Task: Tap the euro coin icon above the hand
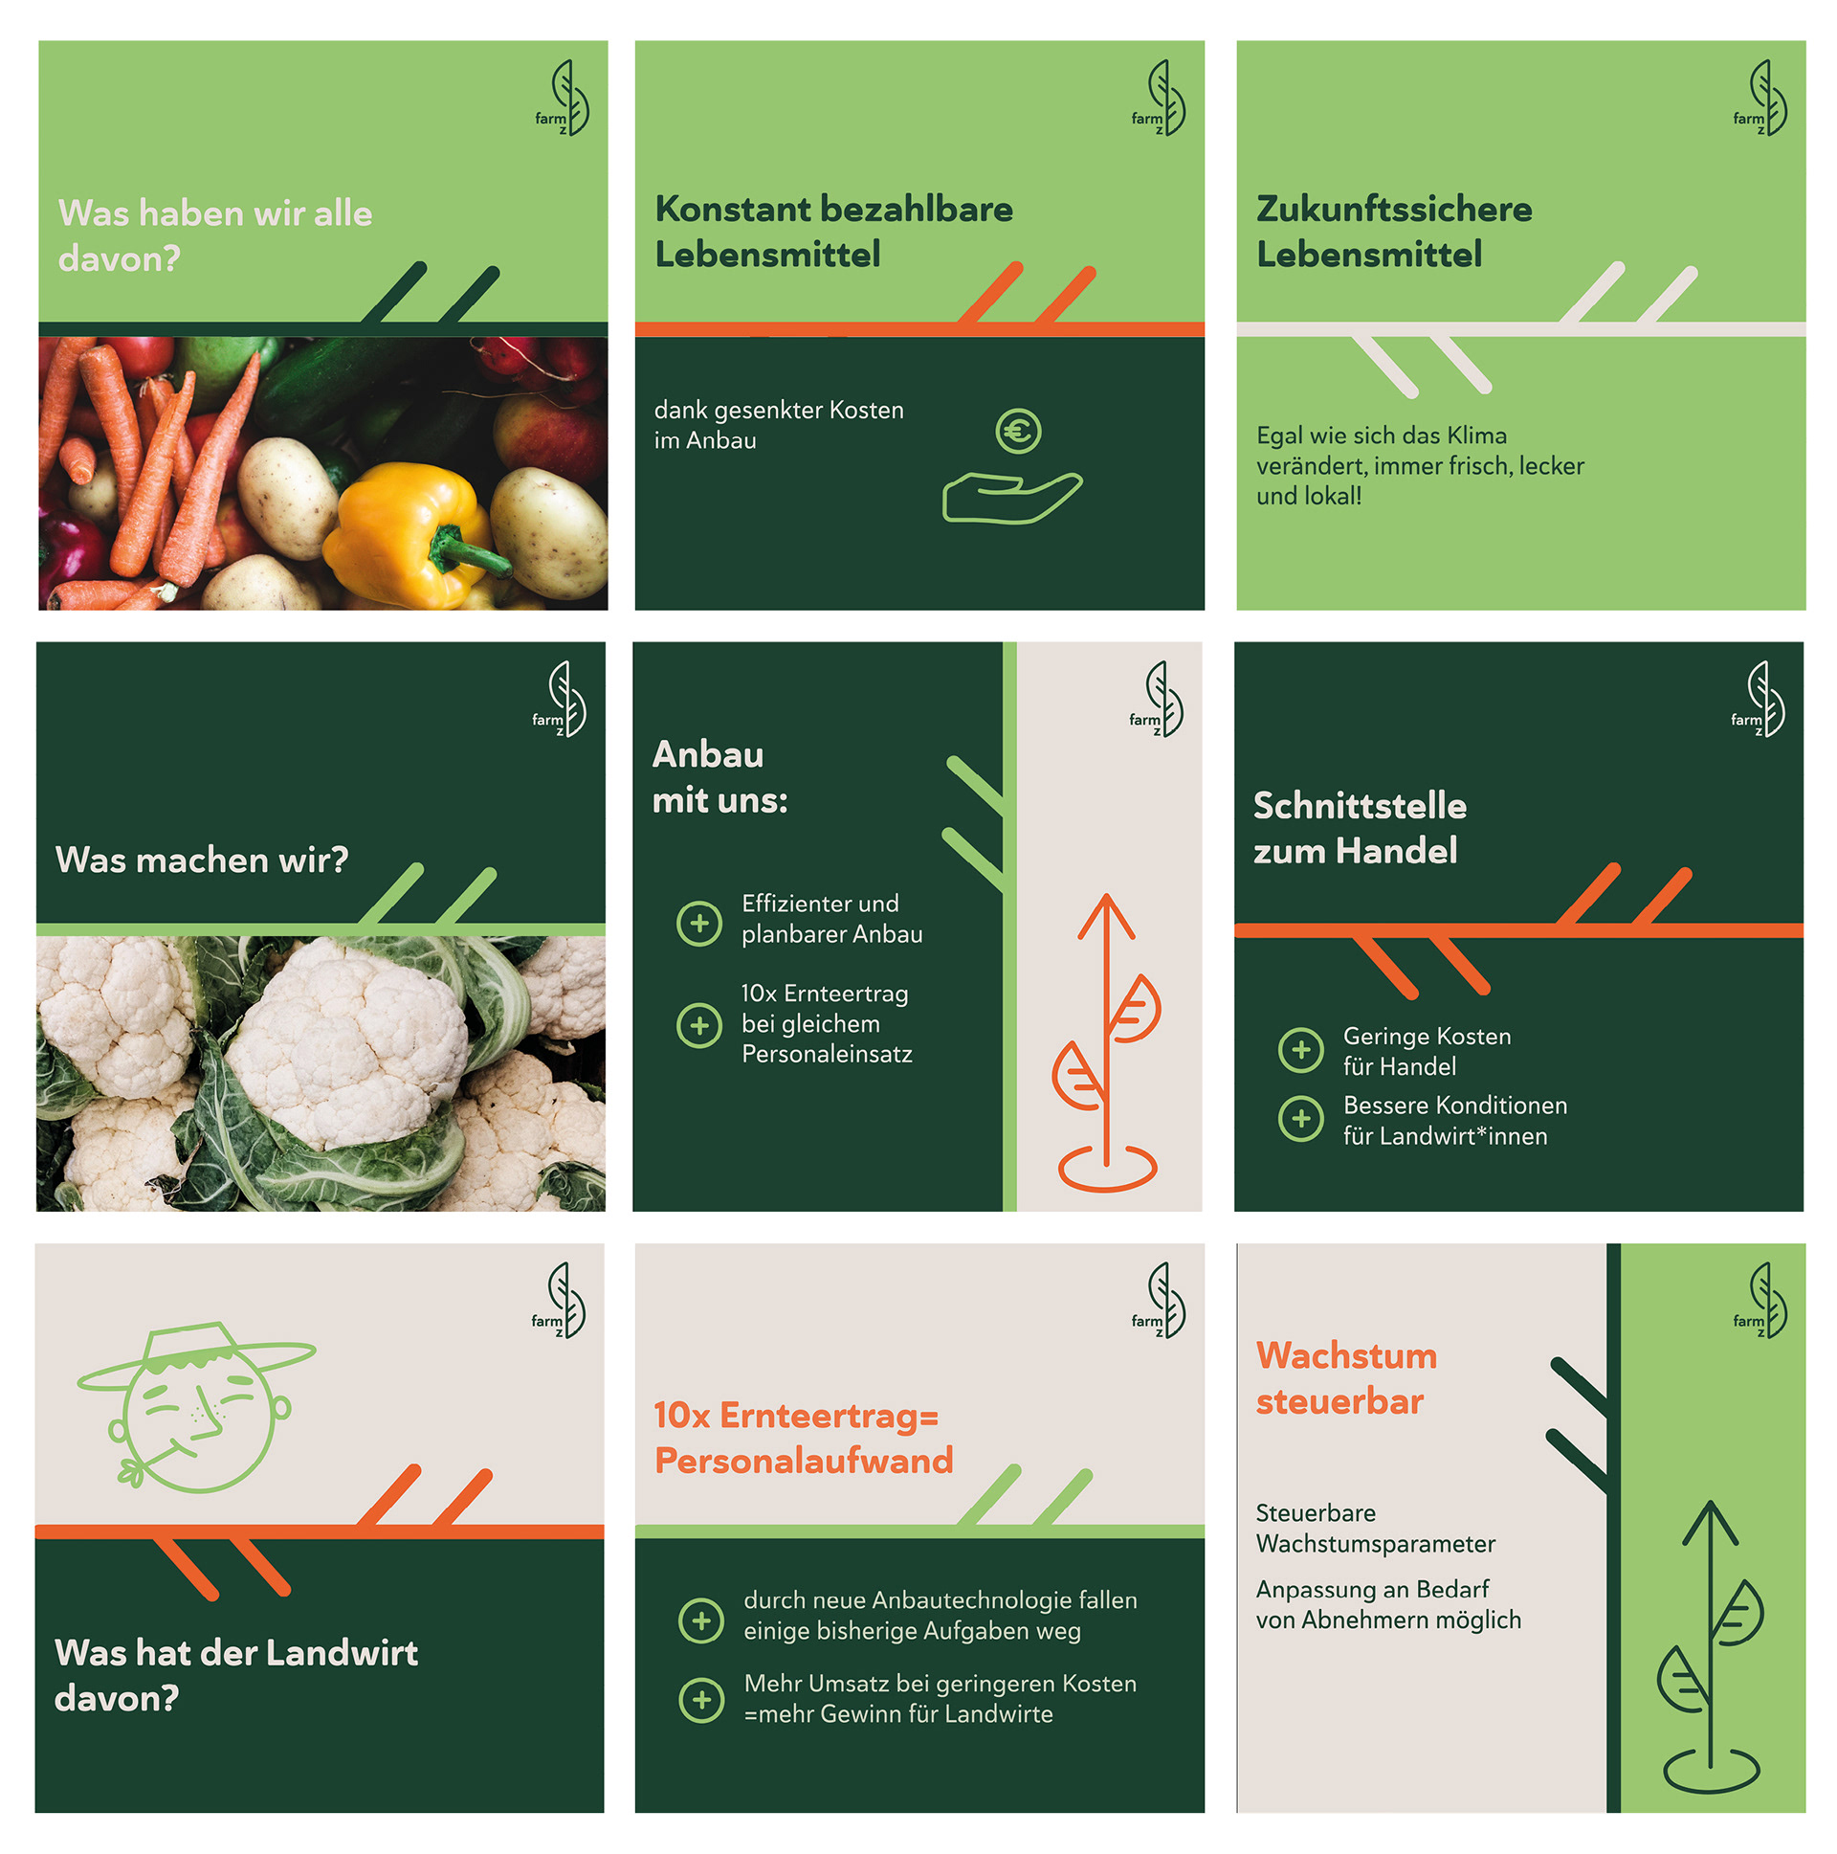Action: click(x=1018, y=431)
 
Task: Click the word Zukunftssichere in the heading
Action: click(x=1394, y=210)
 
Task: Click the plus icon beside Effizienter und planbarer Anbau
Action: click(x=699, y=923)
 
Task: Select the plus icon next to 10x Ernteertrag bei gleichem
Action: click(x=699, y=1025)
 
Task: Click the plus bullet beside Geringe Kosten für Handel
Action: click(x=1301, y=1050)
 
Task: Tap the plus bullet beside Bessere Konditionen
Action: click(x=1301, y=1119)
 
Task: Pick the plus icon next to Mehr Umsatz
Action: click(x=701, y=1700)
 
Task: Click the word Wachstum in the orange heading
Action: click(x=1347, y=1356)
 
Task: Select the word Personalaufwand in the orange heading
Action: click(x=804, y=1461)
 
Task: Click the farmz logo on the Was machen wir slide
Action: click(x=561, y=699)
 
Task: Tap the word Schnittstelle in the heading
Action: click(x=1361, y=806)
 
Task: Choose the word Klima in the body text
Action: click(x=1476, y=436)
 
